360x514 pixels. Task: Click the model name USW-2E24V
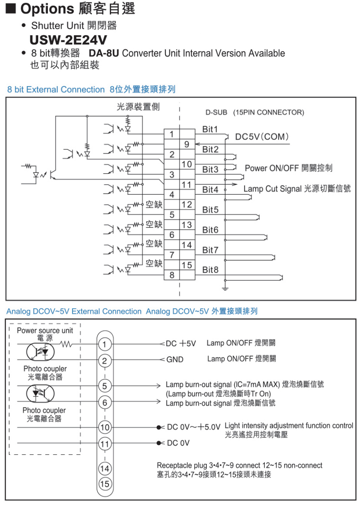pos(68,40)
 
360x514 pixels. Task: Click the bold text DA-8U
pos(103,53)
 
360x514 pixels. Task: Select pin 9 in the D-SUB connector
pos(187,144)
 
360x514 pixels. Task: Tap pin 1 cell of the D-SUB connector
pos(172,134)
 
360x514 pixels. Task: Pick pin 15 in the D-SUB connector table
pos(187,265)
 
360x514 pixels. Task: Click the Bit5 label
pos(210,210)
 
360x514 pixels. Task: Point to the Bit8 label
pos(210,270)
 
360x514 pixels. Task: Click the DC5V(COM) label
pos(262,137)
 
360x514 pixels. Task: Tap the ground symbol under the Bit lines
pos(225,288)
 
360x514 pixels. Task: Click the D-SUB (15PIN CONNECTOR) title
pos(255,113)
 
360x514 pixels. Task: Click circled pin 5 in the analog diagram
pos(105,386)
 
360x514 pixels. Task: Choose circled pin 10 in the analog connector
pos(105,427)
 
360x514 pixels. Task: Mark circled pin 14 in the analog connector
pos(105,468)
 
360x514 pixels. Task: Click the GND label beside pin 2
pos(175,359)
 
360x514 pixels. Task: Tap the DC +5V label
pos(181,343)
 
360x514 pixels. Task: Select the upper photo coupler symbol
pos(40,352)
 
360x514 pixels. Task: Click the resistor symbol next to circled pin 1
pos(66,344)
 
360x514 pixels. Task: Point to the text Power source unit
pos(45,330)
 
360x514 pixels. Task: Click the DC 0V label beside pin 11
pos(178,443)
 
